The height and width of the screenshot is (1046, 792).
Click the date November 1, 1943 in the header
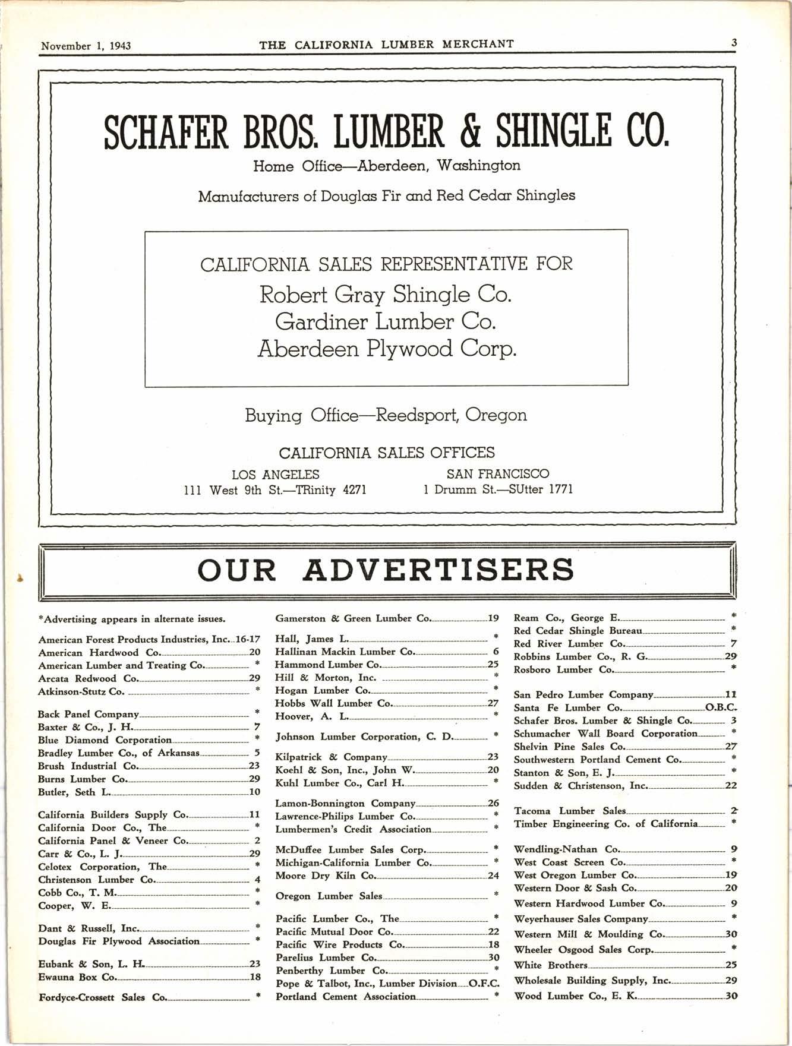pos(86,46)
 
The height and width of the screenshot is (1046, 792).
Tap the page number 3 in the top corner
pos(734,43)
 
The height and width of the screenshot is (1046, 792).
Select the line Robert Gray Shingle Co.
pos(386,295)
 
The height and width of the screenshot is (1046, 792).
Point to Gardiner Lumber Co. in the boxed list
pos(386,322)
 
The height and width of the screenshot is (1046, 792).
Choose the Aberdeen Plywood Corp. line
pos(387,349)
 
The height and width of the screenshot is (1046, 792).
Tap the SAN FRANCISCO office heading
pos(497,474)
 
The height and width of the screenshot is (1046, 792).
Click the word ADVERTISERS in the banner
pos(438,570)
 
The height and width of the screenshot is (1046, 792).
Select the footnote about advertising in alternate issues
pos(132,619)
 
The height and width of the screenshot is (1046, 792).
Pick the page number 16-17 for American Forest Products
pos(248,640)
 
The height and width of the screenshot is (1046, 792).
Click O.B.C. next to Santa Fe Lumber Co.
pos(721,707)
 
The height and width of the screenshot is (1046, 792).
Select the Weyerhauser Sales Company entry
pos(580,918)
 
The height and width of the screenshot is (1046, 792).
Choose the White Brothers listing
pos(551,965)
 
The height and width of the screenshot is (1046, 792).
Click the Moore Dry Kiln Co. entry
pos(326,876)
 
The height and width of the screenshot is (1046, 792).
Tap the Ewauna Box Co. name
pos(77,977)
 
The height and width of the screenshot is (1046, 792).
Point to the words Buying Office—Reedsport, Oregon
pos(386,415)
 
